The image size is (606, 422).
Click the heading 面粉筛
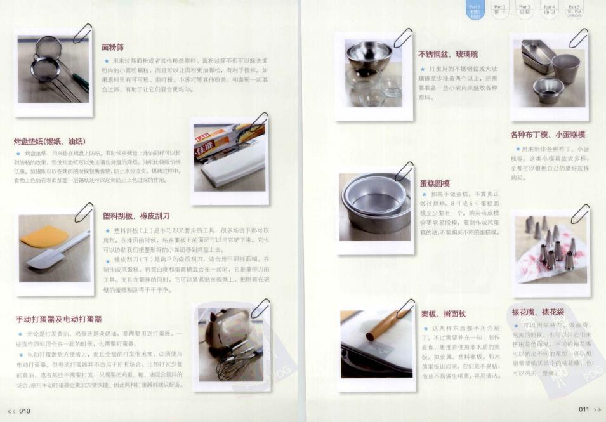[112, 47]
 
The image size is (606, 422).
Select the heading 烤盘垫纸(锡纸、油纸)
[49, 140]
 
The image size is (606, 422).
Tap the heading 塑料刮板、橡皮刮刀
[136, 216]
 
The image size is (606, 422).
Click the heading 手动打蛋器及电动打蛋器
[58, 319]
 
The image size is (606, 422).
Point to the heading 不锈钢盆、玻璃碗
[448, 54]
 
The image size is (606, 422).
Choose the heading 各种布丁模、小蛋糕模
[548, 135]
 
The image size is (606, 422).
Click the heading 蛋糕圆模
[435, 183]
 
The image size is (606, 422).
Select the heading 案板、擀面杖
[443, 313]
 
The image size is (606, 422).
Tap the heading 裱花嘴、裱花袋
[537, 313]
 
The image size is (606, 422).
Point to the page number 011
[584, 410]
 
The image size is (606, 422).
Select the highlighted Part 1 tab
[475, 10]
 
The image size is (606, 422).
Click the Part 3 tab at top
[524, 9]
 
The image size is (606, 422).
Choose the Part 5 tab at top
[573, 9]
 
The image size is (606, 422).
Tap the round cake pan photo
[374, 206]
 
